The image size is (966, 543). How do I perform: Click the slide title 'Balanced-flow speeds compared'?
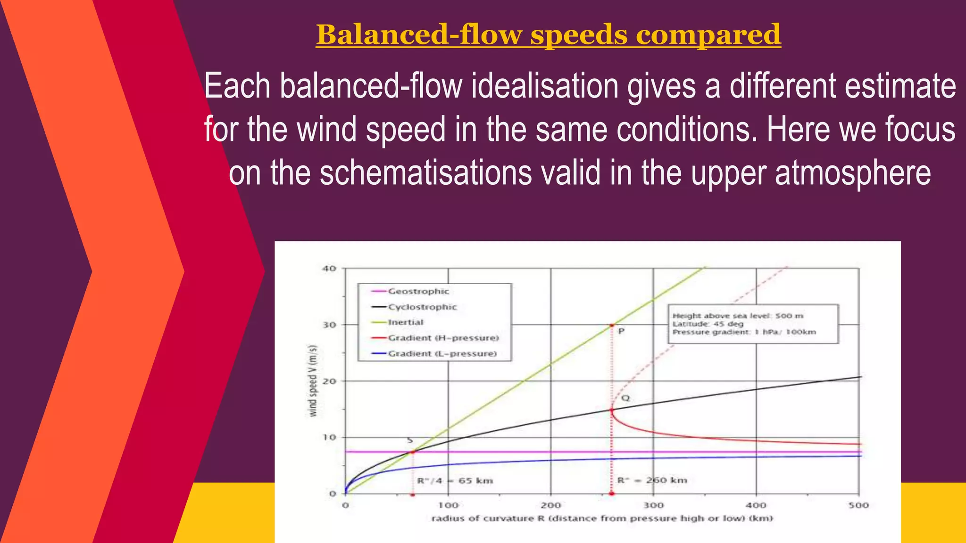pos(548,34)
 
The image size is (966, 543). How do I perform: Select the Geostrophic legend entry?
pos(418,291)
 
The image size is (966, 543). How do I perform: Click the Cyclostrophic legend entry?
pos(422,307)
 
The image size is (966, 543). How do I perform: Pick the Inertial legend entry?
pos(406,322)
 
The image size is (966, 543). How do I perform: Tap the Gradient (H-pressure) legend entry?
pos(443,338)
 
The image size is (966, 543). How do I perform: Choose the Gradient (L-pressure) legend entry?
pos(442,354)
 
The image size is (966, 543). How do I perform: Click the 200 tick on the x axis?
pos(550,505)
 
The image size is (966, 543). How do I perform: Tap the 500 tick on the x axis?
pos(858,505)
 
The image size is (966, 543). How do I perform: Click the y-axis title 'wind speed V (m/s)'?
pos(313,381)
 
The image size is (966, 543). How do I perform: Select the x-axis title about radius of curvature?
pos(602,518)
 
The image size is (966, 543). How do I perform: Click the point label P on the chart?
pos(621,331)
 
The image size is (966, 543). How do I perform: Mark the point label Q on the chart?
pos(625,398)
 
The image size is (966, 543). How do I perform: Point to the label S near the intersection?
pos(410,440)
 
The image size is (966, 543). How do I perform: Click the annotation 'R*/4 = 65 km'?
pos(455,481)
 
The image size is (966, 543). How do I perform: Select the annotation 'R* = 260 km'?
pos(652,480)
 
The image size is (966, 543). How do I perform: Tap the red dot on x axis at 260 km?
pos(612,494)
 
